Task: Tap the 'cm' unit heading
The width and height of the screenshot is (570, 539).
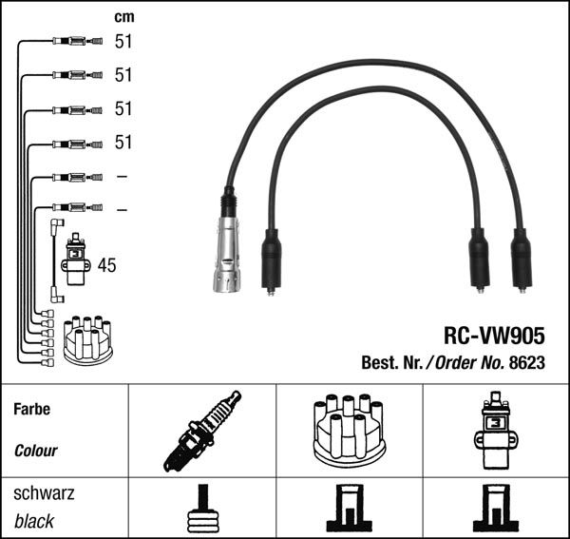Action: [123, 16]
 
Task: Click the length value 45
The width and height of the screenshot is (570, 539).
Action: [106, 266]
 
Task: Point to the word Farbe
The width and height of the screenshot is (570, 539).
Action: [32, 410]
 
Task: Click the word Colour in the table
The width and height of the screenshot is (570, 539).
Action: [36, 451]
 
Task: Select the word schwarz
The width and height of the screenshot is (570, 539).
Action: [44, 494]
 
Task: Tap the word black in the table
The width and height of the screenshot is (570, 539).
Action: [34, 521]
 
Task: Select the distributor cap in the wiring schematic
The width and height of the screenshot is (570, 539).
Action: [87, 339]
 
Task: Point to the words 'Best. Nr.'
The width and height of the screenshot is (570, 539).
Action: [391, 362]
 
